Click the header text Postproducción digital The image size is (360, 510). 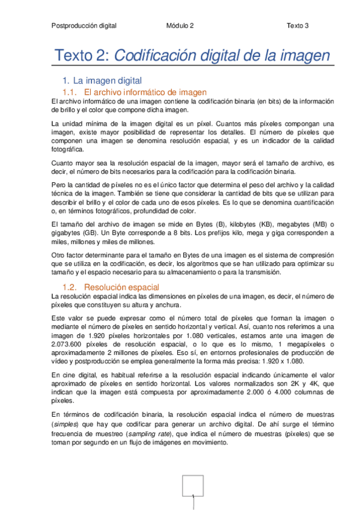tap(84, 26)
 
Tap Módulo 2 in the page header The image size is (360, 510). tap(180, 26)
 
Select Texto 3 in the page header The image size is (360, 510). tap(297, 26)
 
